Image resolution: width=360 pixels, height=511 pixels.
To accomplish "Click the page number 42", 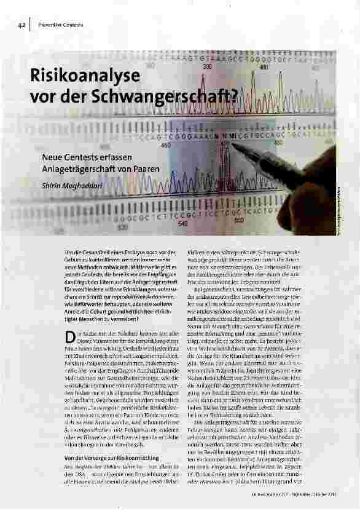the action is click(20, 25).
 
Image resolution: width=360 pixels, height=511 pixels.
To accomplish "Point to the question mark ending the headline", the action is click(234, 97).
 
